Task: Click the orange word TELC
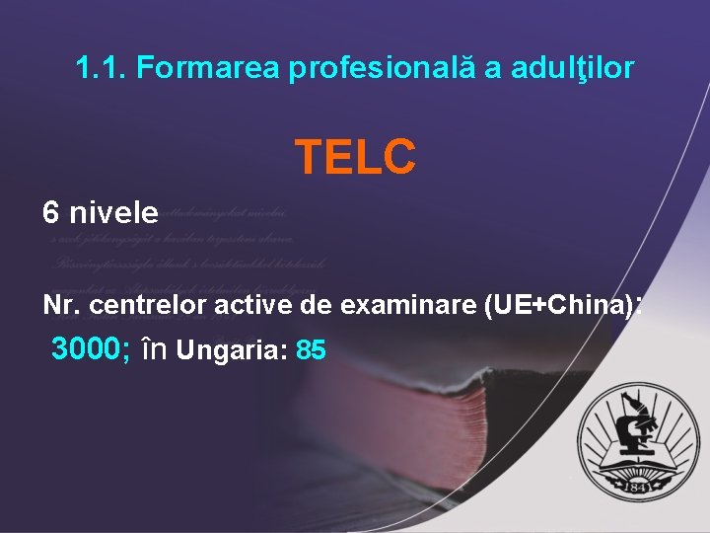point(355,156)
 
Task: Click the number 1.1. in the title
point(101,69)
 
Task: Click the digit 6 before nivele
point(50,212)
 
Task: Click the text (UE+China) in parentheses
point(557,306)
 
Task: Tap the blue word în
point(156,349)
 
